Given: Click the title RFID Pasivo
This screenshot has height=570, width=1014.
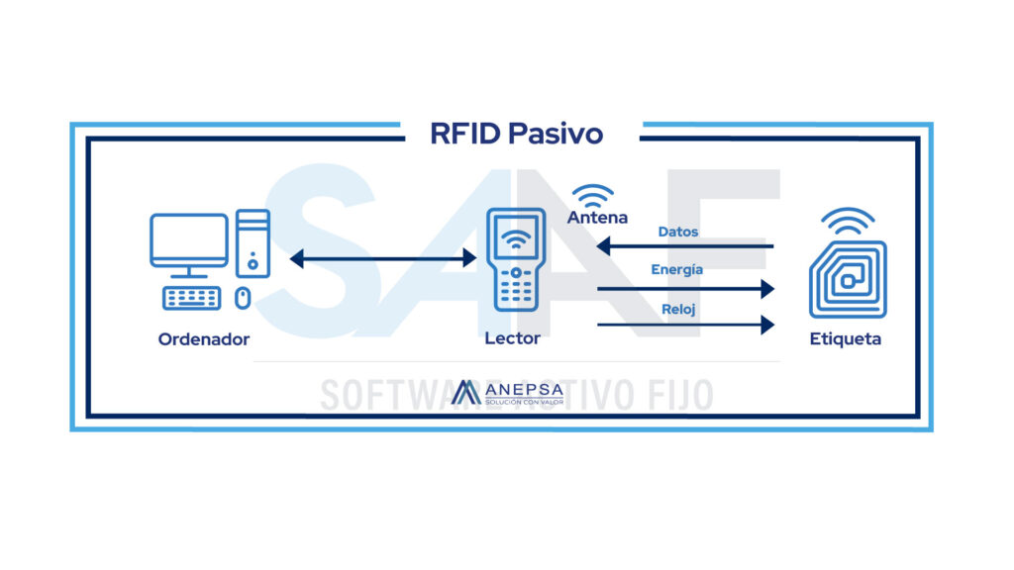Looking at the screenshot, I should [516, 134].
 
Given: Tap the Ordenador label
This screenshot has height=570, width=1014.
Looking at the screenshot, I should [204, 339].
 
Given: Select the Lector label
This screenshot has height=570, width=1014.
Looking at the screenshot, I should [512, 338].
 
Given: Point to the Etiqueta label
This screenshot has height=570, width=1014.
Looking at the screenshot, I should [845, 339].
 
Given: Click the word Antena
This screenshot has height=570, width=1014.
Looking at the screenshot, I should [597, 217].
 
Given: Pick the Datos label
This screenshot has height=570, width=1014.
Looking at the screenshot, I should [677, 232].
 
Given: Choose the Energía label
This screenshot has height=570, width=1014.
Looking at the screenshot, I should [677, 269].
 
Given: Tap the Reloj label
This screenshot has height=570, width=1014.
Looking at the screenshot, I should [678, 310].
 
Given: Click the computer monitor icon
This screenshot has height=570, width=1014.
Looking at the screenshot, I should [189, 243].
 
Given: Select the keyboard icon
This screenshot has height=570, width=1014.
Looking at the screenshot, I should [192, 297].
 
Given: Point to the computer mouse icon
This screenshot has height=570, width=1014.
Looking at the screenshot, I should [244, 297].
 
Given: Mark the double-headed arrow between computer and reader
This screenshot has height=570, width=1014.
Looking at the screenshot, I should [382, 259].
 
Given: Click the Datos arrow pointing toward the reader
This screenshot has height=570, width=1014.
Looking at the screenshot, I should [684, 246].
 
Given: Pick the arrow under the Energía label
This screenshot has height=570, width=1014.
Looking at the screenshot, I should [684, 288].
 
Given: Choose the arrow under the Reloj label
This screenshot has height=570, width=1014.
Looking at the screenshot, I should [684, 325].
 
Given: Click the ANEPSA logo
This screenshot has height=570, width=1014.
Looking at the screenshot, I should [506, 393].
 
